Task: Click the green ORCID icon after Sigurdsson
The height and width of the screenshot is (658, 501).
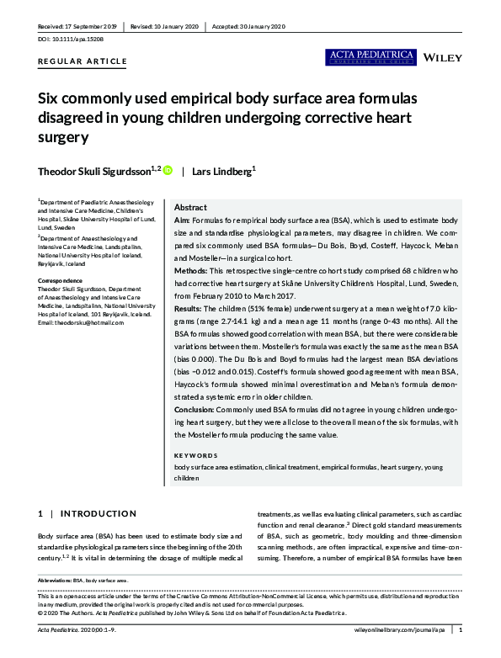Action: tap(168, 170)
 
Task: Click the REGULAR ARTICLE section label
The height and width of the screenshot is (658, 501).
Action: tap(83, 61)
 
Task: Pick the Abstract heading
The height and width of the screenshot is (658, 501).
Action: tap(190, 207)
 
